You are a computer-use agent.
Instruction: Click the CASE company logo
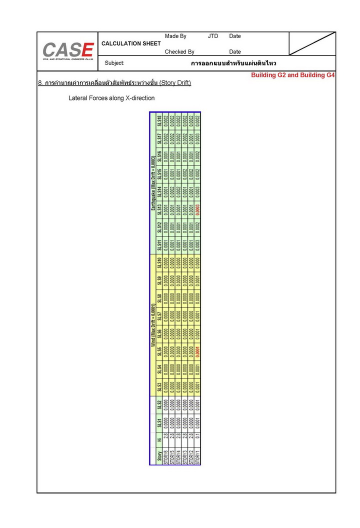point(68,50)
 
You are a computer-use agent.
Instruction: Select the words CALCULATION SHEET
point(131,43)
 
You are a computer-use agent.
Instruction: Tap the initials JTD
point(213,36)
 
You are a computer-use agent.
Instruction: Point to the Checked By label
point(179,51)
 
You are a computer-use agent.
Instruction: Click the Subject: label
point(114,63)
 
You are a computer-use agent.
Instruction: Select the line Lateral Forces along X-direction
point(111,98)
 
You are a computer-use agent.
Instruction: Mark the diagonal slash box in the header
point(312,43)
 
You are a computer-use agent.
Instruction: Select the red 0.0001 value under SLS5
point(198,353)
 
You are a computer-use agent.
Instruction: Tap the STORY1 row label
point(198,456)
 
